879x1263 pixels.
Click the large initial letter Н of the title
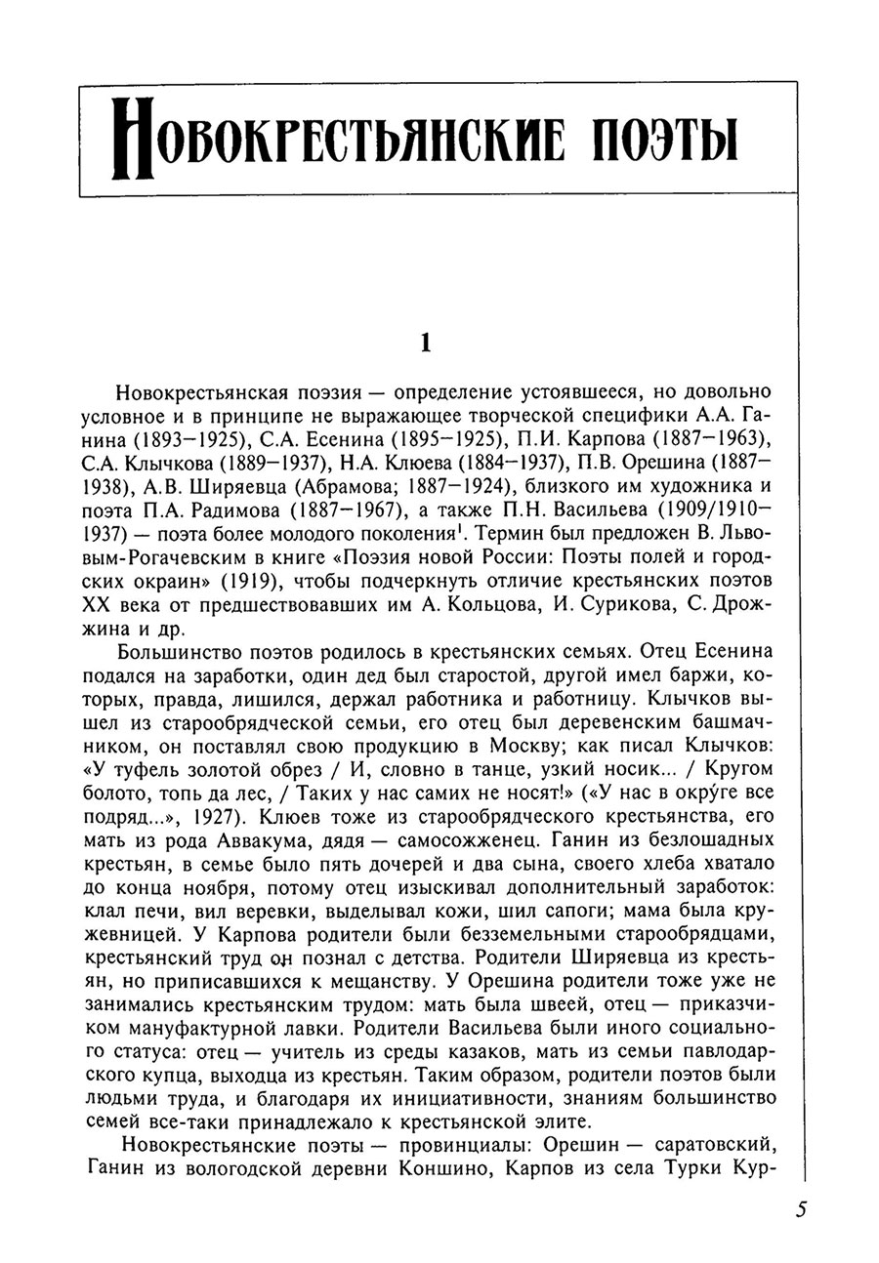[x=136, y=143]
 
